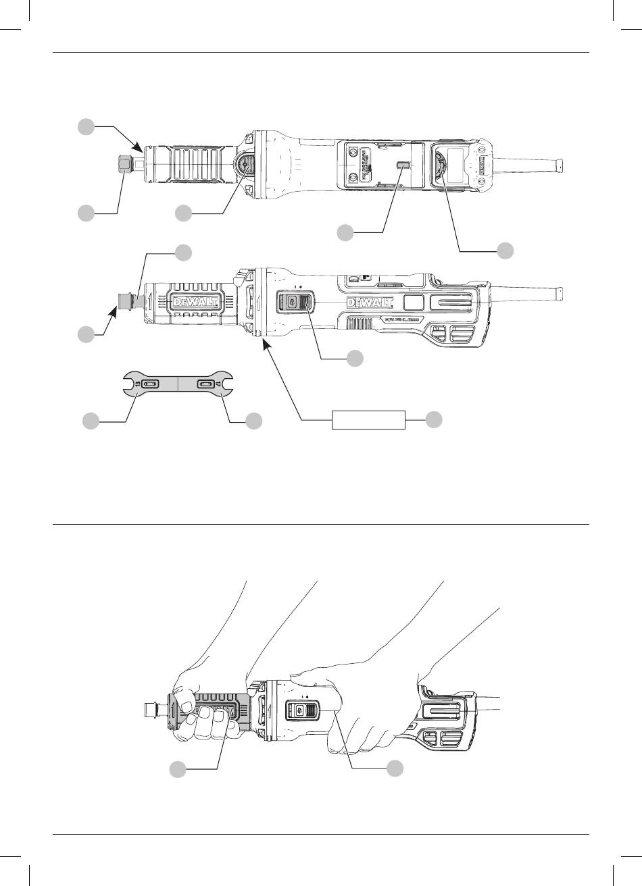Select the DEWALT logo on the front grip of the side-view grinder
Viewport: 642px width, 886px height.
(x=195, y=303)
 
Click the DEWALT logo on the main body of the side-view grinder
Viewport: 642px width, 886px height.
(x=370, y=302)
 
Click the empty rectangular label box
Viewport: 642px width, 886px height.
(x=368, y=419)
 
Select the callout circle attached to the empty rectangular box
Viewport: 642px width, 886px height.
(x=435, y=419)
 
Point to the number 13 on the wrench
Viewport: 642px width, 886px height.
(x=138, y=384)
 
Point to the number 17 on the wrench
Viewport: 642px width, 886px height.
(x=220, y=384)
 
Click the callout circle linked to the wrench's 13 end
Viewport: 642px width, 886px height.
(x=90, y=421)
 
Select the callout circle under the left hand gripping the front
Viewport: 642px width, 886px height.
(x=177, y=768)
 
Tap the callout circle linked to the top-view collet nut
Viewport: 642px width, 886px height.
(x=85, y=213)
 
